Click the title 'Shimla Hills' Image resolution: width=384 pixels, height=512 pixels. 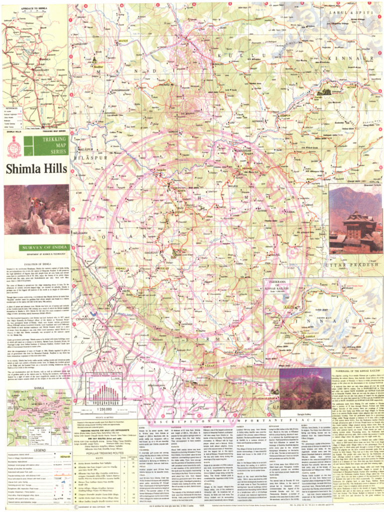[34, 170]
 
